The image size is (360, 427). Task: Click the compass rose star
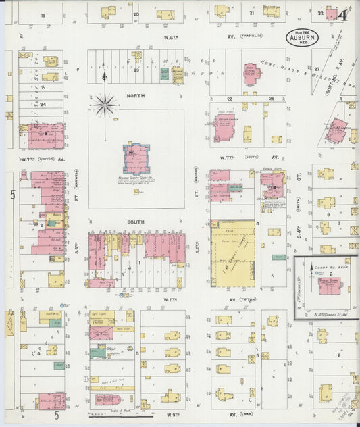pos(105,104)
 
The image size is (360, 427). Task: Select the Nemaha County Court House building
pos(136,158)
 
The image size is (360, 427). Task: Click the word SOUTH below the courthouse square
pos(136,221)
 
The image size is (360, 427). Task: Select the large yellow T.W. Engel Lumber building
pos(232,257)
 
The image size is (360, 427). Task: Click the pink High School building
pos(251,75)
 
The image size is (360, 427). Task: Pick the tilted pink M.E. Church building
pos(336,130)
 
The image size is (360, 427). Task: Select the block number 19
pos(42,14)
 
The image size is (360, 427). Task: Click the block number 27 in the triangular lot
pos(316,69)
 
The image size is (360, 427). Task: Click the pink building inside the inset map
pos(329,284)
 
